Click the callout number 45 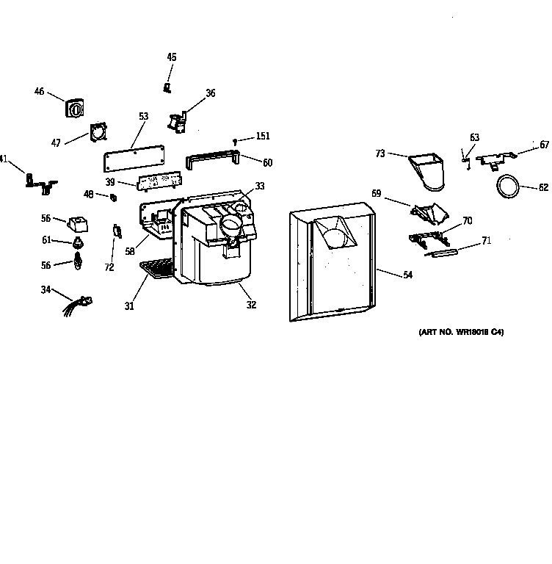(172, 57)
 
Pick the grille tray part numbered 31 (158, 270)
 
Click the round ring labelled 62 (506, 187)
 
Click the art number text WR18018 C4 (461, 333)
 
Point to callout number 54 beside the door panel (407, 275)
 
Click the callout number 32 (251, 305)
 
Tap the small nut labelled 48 (114, 197)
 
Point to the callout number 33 (260, 186)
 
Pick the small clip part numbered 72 (116, 232)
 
